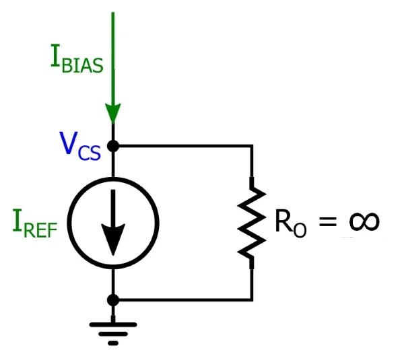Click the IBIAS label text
pyautogui.click(x=76, y=60)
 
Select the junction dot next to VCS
pyautogui.click(x=113, y=145)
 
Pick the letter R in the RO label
pyautogui.click(x=283, y=221)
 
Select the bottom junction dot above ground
pyautogui.click(x=113, y=299)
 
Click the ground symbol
pyautogui.click(x=113, y=331)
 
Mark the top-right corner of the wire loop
pyautogui.click(x=252, y=145)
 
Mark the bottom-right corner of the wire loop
pyautogui.click(x=252, y=299)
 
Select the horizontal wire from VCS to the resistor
pyautogui.click(x=182, y=145)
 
